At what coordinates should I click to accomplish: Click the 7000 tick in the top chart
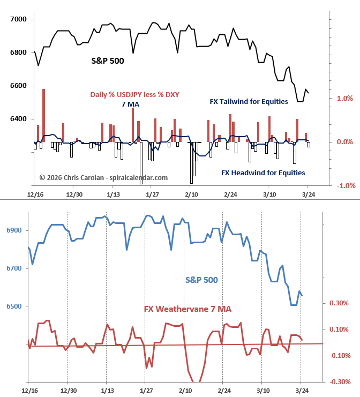tap(18, 19)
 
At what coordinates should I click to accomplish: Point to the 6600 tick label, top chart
tap(18, 86)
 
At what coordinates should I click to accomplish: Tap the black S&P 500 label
tap(107, 61)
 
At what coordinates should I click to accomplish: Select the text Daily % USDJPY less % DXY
tap(134, 94)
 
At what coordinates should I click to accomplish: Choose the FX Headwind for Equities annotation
tap(263, 173)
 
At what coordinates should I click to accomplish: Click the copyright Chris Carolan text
tap(103, 177)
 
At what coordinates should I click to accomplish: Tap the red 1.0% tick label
tap(344, 98)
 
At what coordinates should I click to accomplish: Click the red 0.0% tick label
tap(344, 142)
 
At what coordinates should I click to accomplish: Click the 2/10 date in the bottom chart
tap(185, 392)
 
